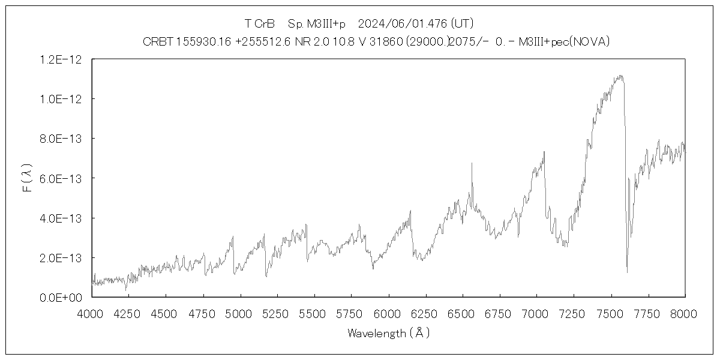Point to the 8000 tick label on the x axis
(x=685, y=313)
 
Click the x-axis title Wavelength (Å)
(x=388, y=334)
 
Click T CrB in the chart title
(x=259, y=24)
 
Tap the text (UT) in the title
(x=462, y=24)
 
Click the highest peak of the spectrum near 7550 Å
(x=620, y=76)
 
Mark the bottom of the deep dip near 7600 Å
(x=627, y=272)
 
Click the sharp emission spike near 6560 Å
(x=472, y=163)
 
